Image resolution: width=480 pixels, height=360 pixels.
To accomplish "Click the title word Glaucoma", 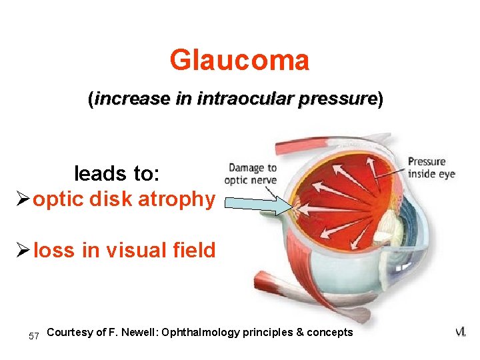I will click(239, 61).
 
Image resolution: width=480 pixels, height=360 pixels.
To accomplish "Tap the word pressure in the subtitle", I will click(338, 100).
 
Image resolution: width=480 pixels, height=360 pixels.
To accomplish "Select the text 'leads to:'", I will click(117, 174).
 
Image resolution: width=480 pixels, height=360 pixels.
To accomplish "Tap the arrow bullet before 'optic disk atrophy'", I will click(22, 199).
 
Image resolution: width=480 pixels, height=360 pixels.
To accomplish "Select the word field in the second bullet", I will click(194, 251).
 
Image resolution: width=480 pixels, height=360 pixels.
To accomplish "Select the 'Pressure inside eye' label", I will click(431, 167).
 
